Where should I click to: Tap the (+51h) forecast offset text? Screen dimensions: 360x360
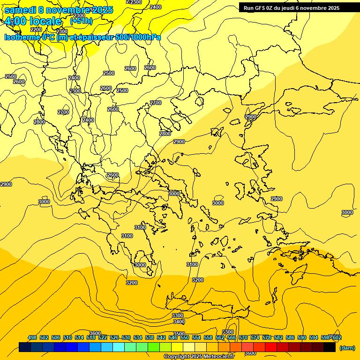(x=81, y=21)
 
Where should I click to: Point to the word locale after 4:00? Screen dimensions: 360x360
(x=45, y=21)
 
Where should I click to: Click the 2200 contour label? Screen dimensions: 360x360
(x=36, y=30)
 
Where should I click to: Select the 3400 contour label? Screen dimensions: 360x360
(x=179, y=322)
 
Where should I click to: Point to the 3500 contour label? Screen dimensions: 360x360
(x=179, y=334)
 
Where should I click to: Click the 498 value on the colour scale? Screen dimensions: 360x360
(x=32, y=337)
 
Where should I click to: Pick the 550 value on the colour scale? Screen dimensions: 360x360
(x=184, y=337)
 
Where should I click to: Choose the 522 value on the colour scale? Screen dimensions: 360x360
(x=103, y=337)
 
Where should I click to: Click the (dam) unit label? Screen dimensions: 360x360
(x=347, y=347)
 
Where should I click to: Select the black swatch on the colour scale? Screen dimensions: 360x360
(x=330, y=347)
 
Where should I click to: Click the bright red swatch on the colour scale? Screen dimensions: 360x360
(x=271, y=347)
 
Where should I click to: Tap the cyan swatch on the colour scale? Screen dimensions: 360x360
(x=119, y=347)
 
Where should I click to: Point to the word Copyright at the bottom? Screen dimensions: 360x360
(x=177, y=357)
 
